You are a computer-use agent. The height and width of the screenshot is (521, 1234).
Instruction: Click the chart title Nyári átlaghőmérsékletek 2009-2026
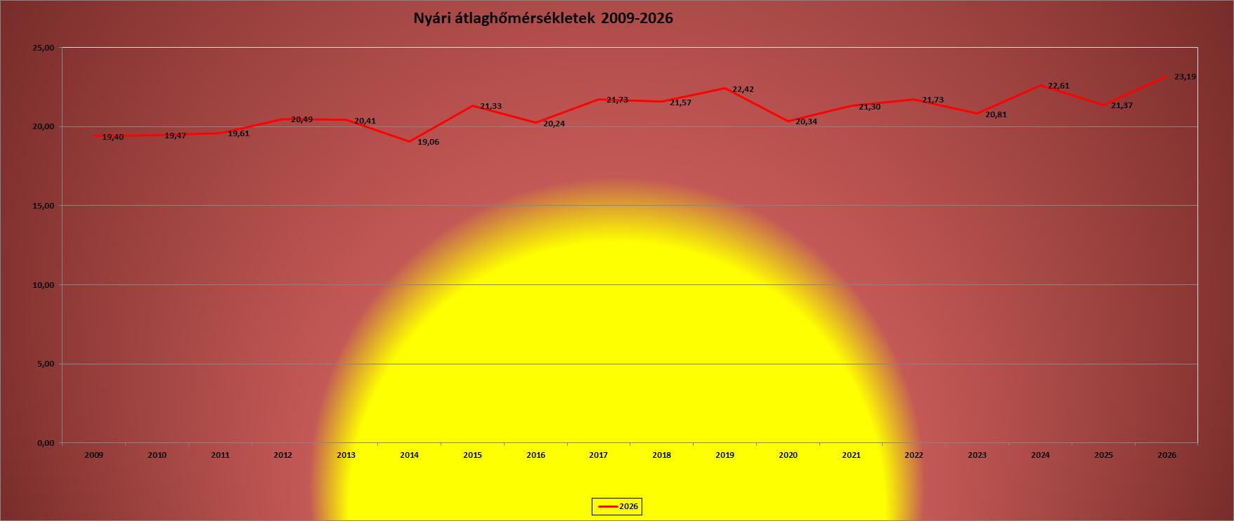543,18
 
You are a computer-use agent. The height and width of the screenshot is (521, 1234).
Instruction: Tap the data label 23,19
1185,77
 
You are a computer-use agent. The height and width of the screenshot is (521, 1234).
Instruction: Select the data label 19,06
428,142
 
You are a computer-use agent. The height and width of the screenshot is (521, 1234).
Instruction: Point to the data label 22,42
743,89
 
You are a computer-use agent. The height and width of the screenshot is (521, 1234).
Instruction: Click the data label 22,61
1058,86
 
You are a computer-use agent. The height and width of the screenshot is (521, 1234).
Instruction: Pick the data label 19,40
112,137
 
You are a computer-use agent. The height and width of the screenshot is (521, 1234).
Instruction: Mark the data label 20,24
554,124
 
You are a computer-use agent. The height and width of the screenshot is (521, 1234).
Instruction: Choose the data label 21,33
491,106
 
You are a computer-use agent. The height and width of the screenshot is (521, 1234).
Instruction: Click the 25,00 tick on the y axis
44,48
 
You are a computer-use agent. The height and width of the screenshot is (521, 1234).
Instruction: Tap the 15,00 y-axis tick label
44,206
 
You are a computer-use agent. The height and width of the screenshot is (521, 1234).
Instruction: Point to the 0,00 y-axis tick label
46,443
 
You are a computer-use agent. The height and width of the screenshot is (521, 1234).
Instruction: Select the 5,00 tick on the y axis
46,364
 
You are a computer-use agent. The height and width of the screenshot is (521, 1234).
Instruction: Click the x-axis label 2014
409,455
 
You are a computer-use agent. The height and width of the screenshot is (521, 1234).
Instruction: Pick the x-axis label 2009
93,455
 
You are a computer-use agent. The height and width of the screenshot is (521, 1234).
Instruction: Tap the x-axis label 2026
1167,455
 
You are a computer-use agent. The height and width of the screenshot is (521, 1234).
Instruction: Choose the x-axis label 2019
725,455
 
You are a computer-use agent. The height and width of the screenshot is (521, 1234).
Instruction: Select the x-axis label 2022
914,455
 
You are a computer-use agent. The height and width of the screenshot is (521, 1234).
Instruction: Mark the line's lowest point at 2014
409,142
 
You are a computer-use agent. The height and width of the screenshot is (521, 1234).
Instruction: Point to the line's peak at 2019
725,88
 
